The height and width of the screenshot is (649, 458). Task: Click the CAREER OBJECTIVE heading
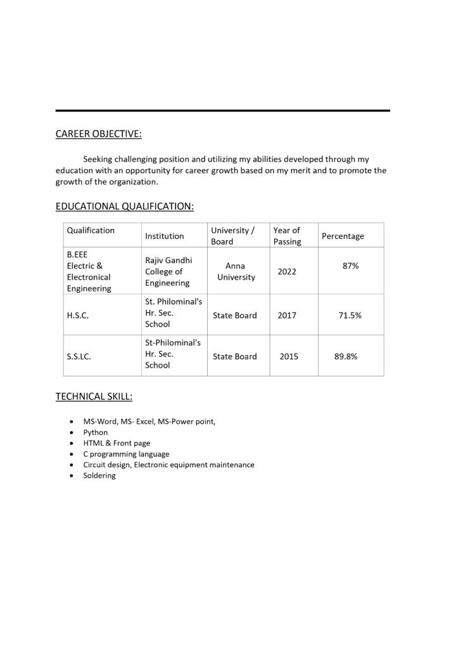(99, 134)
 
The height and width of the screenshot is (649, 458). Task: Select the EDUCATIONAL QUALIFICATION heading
(125, 206)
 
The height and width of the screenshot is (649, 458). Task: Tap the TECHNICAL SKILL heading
(94, 397)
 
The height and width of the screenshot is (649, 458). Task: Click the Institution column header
(165, 236)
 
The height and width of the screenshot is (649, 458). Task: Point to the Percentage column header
(343, 236)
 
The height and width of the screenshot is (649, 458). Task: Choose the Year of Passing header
(287, 236)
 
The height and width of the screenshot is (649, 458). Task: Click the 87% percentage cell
(350, 266)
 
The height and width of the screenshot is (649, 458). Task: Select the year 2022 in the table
(287, 271)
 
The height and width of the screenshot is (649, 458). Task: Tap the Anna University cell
(236, 272)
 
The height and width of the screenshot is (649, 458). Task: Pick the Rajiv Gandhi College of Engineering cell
(169, 271)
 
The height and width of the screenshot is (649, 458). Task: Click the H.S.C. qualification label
(77, 315)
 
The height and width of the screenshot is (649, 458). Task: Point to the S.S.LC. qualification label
(79, 357)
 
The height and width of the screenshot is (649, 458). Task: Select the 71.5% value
(350, 315)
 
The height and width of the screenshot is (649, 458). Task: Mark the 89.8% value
(346, 356)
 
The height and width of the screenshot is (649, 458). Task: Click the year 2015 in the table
(289, 356)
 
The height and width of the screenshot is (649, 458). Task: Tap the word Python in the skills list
(96, 432)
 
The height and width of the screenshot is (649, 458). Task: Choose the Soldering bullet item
(99, 475)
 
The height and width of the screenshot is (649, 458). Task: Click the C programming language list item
(126, 454)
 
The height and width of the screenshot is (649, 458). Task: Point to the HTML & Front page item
(117, 443)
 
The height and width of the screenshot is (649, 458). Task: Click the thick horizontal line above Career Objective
(222, 111)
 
